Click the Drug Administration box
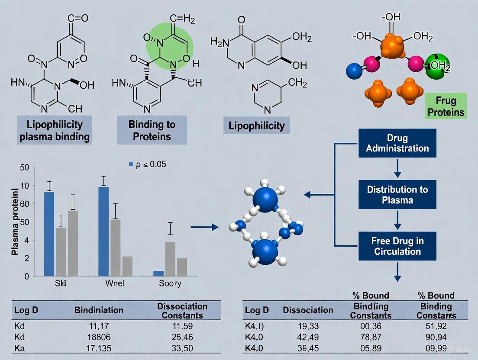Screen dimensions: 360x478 click(x=397, y=143)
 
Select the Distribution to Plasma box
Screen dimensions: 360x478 click(x=397, y=195)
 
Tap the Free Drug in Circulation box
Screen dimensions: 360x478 click(x=397, y=246)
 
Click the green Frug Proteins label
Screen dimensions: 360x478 click(x=446, y=106)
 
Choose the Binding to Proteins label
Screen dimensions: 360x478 click(x=152, y=130)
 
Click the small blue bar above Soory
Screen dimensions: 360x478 click(x=158, y=273)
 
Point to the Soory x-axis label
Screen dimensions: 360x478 click(x=170, y=284)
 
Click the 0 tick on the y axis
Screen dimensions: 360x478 click(x=26, y=276)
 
